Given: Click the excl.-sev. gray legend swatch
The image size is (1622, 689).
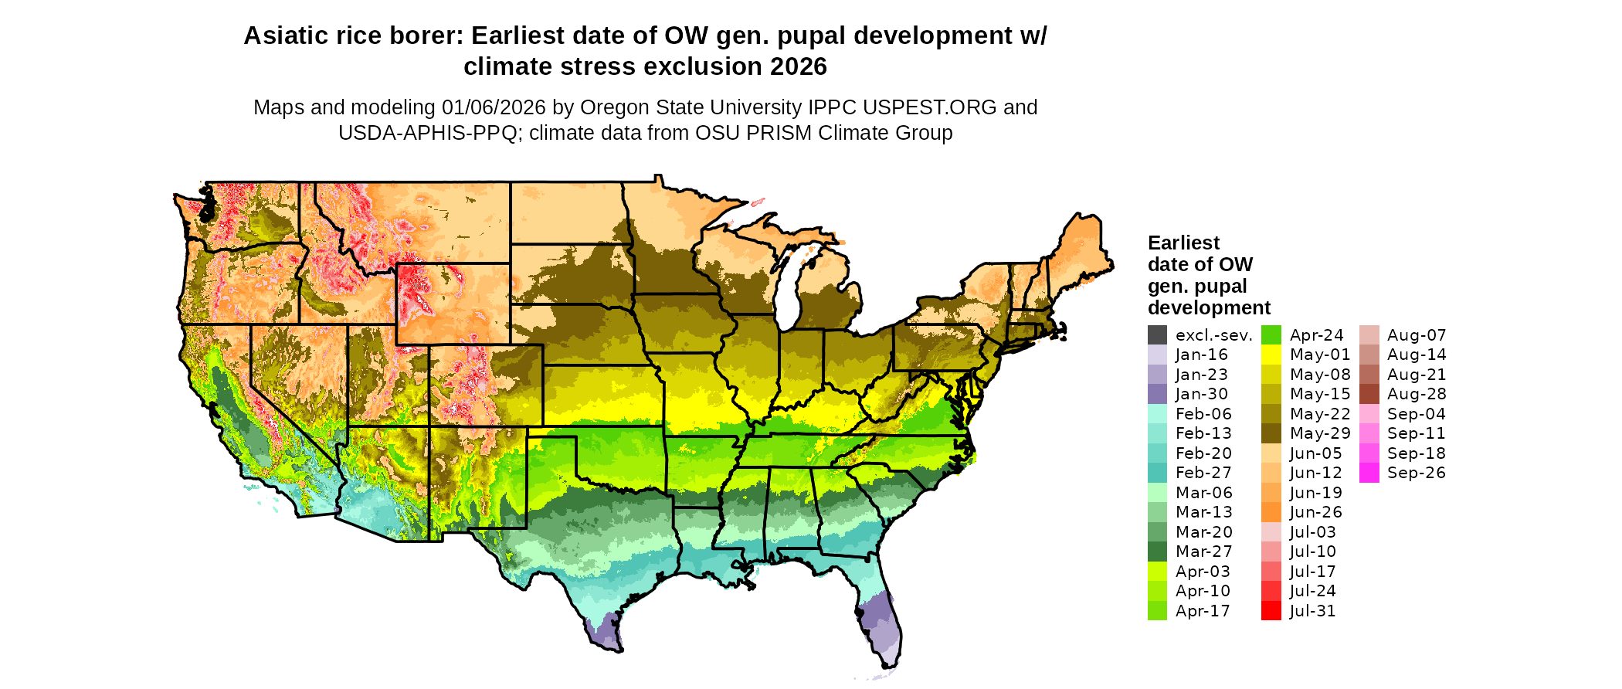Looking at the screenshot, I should (x=1157, y=335).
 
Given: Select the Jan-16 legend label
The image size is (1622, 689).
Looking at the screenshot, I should (x=1201, y=355).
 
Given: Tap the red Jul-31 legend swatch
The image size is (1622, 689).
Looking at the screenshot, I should (x=1271, y=611).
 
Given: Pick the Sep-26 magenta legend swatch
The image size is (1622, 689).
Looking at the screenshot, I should (x=1369, y=473).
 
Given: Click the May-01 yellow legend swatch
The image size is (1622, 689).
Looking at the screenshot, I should (x=1271, y=355).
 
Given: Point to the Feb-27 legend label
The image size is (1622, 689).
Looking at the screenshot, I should (x=1203, y=473).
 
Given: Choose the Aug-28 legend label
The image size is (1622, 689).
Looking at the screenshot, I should (x=1417, y=394).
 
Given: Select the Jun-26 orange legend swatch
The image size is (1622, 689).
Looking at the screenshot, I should (x=1271, y=512).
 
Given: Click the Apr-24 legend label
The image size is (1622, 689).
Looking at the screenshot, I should (x=1317, y=335).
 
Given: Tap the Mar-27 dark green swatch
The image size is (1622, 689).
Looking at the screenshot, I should (x=1157, y=552).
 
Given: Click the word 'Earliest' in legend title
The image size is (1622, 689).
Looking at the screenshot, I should (x=1183, y=243).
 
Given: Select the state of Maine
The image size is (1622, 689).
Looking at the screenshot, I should (x=1081, y=247).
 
